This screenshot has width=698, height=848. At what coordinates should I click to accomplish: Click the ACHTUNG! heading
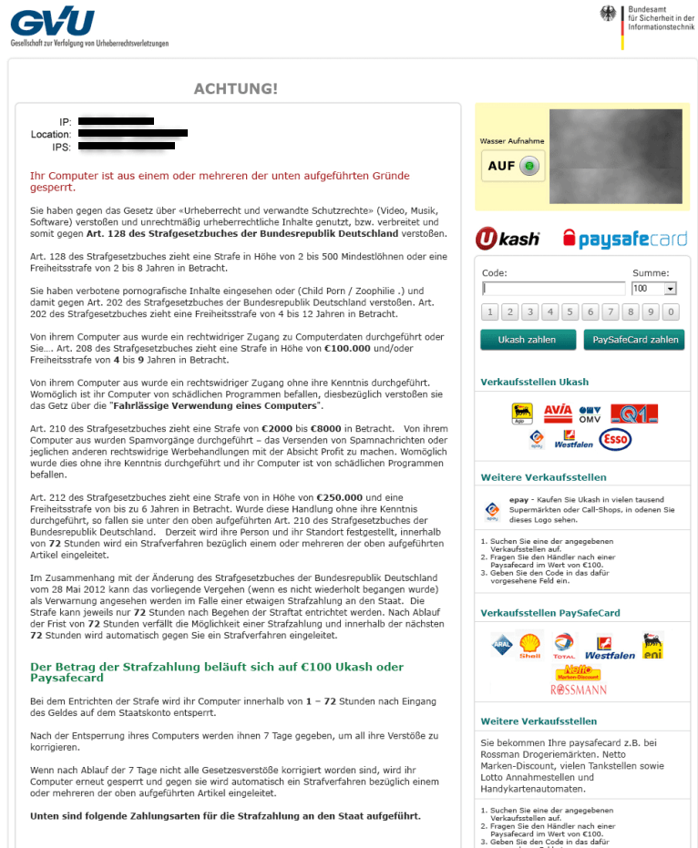[x=236, y=88]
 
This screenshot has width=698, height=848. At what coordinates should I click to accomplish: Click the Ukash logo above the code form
[x=508, y=239]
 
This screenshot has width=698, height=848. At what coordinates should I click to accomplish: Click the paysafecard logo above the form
[x=624, y=239]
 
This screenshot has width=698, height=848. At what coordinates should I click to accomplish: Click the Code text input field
[x=553, y=289]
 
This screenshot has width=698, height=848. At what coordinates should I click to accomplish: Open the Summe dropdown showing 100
[x=654, y=289]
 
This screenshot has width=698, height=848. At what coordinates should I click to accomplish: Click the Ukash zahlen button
[x=527, y=340]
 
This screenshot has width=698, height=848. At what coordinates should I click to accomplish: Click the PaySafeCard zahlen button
[x=634, y=340]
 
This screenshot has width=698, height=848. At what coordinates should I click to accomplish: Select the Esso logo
[x=616, y=440]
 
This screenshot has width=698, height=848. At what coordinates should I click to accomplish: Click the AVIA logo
[x=558, y=414]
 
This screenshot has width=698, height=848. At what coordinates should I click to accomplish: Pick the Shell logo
[x=529, y=647]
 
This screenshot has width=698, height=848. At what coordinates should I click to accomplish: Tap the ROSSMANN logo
[x=579, y=690]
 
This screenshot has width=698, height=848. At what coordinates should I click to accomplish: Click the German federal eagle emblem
[x=608, y=13]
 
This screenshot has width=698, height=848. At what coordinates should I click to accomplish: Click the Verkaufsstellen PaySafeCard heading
[x=549, y=613]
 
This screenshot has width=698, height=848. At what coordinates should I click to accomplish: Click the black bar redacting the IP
[x=116, y=121]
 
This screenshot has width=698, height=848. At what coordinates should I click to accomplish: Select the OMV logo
[x=590, y=414]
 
